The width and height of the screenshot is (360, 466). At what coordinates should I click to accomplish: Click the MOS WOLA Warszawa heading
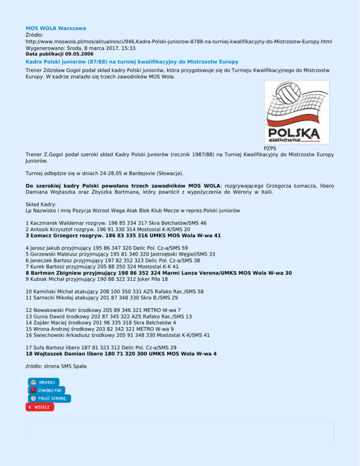coord(55,29)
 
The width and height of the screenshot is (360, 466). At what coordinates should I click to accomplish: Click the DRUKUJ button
coord(44,382)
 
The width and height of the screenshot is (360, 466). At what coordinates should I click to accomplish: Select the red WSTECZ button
coord(40,407)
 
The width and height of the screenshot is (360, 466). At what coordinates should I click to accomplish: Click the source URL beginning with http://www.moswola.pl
coord(179,42)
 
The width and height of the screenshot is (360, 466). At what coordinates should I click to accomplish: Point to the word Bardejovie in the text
coord(132,173)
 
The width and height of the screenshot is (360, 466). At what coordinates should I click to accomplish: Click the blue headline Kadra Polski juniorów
coord(132,62)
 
